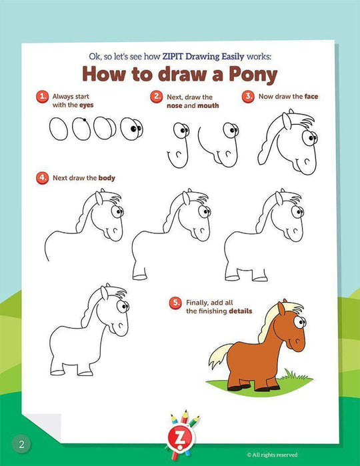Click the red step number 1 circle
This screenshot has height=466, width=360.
point(43,97)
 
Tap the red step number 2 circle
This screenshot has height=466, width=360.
point(157,97)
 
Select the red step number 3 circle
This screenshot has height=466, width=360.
point(248,97)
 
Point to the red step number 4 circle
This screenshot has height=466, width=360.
point(43,178)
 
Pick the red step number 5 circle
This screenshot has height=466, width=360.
point(175,303)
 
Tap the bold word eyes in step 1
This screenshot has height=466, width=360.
point(87,105)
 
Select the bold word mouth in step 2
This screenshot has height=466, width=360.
point(208,105)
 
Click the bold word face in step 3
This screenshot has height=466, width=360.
point(311,96)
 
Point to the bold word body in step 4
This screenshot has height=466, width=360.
point(107,178)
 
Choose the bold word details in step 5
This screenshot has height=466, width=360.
point(241,311)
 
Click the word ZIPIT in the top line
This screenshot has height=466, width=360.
point(173,56)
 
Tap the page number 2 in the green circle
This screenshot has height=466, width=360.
point(21,444)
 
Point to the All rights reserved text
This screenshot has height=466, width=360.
point(272,455)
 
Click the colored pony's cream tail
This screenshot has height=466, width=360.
point(220,355)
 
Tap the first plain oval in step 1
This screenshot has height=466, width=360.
point(59,129)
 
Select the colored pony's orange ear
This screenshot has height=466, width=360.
point(281,309)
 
